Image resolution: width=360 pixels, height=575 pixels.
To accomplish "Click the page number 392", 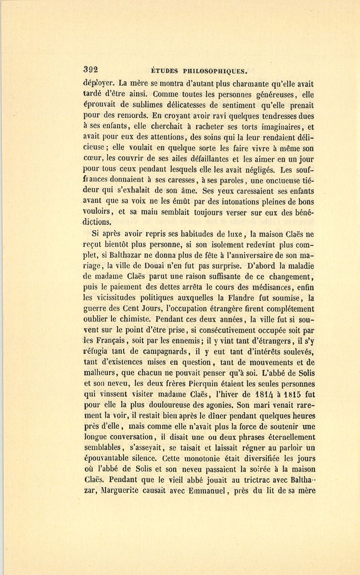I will point(91,69).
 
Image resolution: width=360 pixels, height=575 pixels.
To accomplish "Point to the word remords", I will point(125,116).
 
